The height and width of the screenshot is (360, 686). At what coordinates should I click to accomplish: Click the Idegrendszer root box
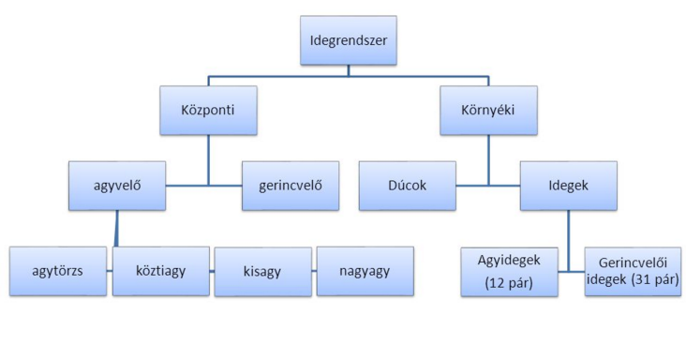[x=348, y=40]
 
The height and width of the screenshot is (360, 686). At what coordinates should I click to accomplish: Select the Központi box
[x=208, y=110]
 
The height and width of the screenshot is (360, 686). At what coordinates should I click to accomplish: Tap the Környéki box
[x=487, y=110]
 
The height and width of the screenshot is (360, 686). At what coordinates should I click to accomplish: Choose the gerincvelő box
[x=291, y=185]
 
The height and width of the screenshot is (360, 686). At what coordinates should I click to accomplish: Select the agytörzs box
[x=58, y=271]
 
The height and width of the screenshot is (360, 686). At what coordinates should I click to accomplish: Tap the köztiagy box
[x=160, y=271]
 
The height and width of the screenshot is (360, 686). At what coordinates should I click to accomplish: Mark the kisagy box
[x=263, y=271]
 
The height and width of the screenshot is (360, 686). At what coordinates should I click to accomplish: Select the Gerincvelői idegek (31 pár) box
[x=632, y=271]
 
